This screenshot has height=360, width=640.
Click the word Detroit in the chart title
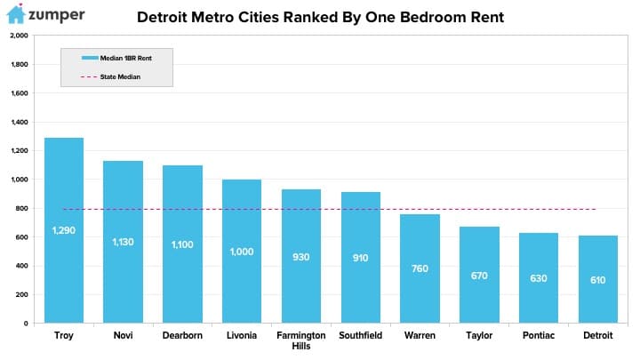click(162, 17)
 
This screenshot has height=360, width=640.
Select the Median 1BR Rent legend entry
click(116, 58)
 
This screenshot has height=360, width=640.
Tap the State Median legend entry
click(110, 76)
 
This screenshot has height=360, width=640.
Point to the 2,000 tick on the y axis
click(20, 36)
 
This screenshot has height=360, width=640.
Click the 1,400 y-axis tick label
click(20, 122)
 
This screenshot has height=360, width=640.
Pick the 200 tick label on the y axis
click(21, 294)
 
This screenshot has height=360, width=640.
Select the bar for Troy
click(64, 230)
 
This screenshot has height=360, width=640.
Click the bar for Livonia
click(242, 251)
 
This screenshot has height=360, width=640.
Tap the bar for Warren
click(420, 268)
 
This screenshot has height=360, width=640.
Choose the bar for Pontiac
click(539, 278)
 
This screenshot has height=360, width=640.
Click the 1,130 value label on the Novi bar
click(123, 242)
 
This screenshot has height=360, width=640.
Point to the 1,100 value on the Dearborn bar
click(182, 244)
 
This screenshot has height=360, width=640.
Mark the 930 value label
click(300, 257)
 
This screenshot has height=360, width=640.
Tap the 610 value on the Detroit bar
click(598, 280)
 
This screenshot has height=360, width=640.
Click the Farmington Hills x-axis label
click(301, 340)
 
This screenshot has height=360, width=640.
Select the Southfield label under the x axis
click(360, 335)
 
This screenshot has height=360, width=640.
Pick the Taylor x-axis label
click(479, 335)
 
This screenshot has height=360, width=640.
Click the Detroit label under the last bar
click(598, 335)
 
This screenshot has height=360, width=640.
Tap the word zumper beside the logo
click(57, 15)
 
